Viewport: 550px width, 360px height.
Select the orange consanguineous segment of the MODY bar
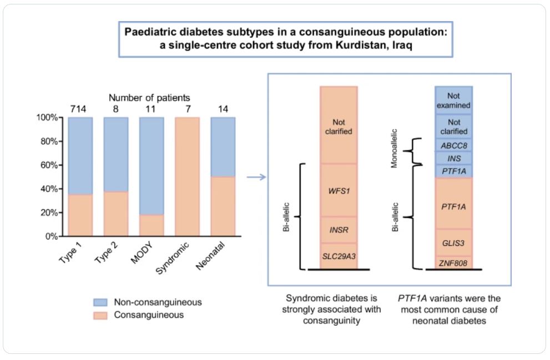coord(152,225)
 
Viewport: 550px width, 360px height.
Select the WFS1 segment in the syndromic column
coord(339,190)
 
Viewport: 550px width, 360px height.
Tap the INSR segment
coord(339,230)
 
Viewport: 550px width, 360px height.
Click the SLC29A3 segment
coord(339,256)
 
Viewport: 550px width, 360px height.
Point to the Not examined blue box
coord(453,100)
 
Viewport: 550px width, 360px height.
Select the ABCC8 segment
coord(453,146)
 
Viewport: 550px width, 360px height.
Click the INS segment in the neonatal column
coord(453,159)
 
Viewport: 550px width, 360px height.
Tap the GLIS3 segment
coord(453,242)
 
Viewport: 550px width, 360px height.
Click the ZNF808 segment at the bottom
coord(453,262)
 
